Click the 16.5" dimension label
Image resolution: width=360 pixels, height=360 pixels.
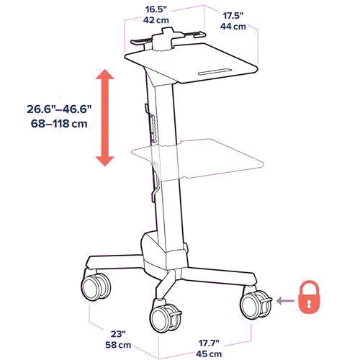tap(156, 9)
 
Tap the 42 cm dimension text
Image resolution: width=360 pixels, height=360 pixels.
tap(156, 20)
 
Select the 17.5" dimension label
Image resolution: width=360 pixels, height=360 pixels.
tap(233, 16)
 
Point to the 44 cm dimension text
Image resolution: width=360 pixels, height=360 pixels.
tap(233, 26)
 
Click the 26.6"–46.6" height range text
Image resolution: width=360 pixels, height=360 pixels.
tap(59, 109)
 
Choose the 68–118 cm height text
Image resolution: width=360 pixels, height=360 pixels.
tap(59, 124)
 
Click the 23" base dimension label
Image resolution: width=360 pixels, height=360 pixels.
tap(118, 334)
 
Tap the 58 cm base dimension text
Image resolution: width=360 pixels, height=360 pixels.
tap(118, 345)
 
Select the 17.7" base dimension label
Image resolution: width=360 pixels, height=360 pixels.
tap(209, 343)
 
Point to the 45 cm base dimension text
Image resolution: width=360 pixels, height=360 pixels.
tap(209, 354)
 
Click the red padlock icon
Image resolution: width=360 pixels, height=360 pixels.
tap(309, 297)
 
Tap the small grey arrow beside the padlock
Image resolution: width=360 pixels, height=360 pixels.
tap(285, 301)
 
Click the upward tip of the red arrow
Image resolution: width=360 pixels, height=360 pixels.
tap(105, 69)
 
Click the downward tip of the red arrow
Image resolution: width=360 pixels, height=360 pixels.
tap(105, 166)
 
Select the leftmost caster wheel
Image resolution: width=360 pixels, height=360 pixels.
tap(96, 287)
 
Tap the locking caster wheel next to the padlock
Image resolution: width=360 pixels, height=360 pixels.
tap(256, 305)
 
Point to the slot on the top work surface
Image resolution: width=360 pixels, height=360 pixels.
tap(215, 72)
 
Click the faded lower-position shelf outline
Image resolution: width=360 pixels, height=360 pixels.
tap(197, 158)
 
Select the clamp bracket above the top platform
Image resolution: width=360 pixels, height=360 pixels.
tap(168, 38)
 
